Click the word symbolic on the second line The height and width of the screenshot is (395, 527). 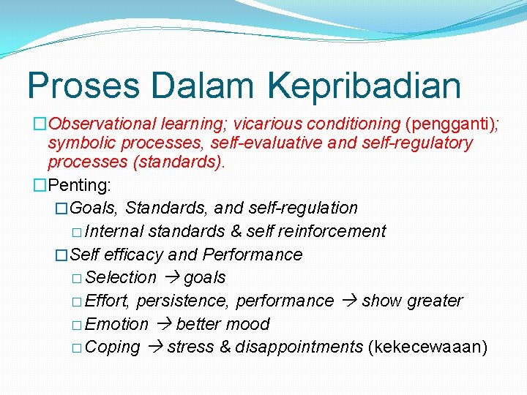tap(78, 143)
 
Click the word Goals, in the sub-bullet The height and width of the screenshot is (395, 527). tap(96, 208)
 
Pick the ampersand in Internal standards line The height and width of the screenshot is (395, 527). tap(236, 231)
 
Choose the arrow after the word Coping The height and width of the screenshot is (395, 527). tap(154, 347)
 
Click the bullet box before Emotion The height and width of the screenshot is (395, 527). tap(78, 325)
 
